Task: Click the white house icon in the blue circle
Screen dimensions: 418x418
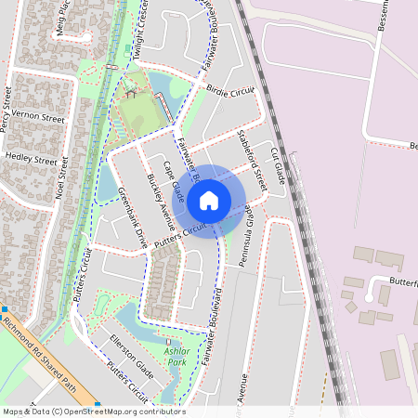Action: tap(209, 199)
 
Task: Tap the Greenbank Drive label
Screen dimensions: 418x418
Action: tap(133, 216)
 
